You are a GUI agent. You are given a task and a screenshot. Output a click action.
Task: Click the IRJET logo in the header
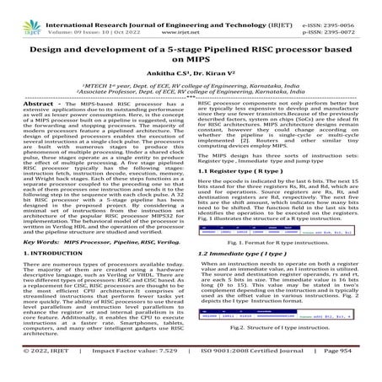pos(18,14)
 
